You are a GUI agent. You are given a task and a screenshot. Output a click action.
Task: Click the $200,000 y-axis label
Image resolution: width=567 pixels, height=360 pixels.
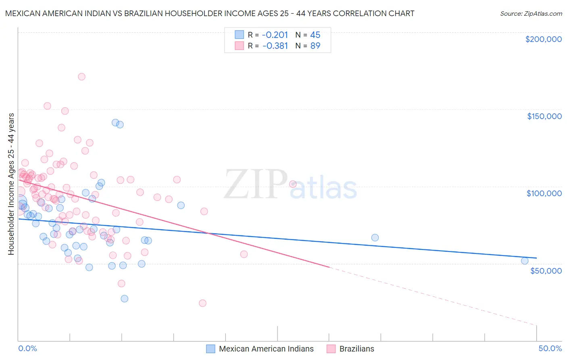pos(543,39)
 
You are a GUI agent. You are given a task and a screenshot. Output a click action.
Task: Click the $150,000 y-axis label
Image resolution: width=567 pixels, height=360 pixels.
pos(544,116)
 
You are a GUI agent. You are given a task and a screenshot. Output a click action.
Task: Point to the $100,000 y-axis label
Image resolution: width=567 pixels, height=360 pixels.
pos(544,193)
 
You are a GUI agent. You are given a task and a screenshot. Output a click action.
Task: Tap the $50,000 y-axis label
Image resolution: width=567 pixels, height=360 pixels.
pos(546,270)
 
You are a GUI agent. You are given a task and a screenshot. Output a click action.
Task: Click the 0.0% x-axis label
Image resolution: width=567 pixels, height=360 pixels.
pos(27,348)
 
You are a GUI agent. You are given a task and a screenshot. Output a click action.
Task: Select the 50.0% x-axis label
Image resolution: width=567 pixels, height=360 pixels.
pos(550,348)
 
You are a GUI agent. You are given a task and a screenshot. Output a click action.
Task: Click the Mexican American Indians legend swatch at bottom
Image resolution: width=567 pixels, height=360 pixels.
pos(211,349)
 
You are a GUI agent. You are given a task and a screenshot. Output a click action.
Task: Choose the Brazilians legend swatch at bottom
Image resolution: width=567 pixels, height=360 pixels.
pos(331,349)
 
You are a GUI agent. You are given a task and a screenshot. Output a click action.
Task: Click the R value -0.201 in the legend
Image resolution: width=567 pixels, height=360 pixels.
pos(275,35)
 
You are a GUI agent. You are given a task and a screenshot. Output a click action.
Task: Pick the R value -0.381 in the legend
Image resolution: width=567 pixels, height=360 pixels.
pos(275,46)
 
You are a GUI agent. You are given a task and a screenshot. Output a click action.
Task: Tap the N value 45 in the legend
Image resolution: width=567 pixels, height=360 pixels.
pos(315,35)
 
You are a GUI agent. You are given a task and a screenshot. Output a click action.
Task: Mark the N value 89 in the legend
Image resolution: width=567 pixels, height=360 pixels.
pos(315,46)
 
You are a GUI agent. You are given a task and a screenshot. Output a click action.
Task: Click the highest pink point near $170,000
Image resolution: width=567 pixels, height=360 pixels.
pos(81,77)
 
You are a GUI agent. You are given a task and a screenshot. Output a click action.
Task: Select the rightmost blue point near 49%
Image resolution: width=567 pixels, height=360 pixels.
pos(525,261)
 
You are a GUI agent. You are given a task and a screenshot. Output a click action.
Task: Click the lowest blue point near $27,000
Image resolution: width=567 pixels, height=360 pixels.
pos(125,299)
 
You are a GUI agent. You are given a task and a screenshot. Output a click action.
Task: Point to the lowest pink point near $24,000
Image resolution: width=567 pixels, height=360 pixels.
pos(203,303)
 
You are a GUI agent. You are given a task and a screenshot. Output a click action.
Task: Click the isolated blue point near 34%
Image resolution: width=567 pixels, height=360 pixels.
pos(375,238)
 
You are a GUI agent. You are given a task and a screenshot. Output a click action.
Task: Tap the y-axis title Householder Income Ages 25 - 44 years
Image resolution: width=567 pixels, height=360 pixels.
pos(11,184)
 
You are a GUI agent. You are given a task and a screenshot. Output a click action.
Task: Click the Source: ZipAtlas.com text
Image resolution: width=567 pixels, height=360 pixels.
pos(531,13)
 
